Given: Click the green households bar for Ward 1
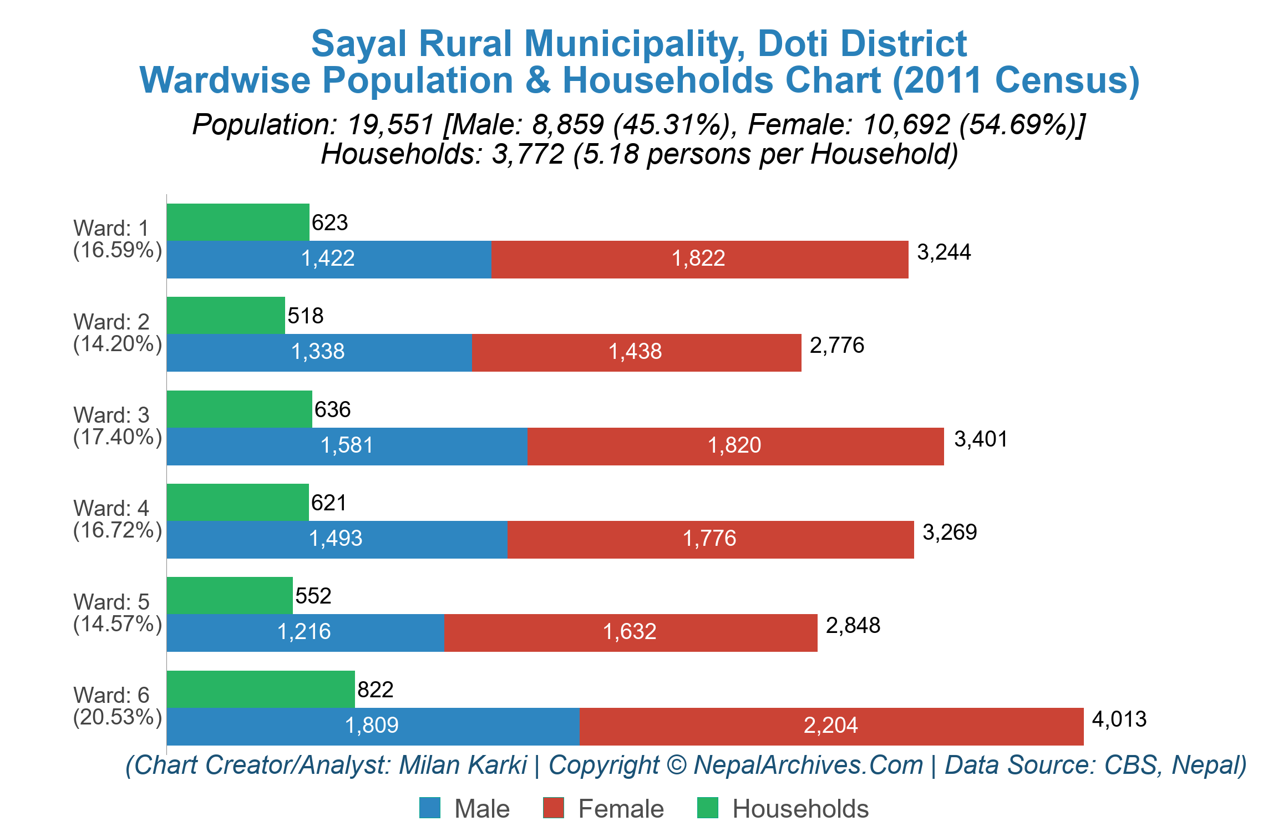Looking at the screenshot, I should (x=237, y=222).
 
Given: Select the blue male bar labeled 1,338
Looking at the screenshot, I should (x=319, y=352).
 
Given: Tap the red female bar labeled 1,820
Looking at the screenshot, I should (x=735, y=446).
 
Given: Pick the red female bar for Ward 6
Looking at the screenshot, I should (x=831, y=726).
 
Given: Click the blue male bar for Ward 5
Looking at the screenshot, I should (x=305, y=632).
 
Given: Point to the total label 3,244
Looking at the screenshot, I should (x=944, y=252).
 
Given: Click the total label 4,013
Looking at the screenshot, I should (x=1119, y=719).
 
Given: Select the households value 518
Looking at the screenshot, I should (x=305, y=316).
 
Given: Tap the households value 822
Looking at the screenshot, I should (x=375, y=690).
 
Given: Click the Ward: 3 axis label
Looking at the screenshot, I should (x=111, y=415).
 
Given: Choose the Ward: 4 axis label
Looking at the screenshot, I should (x=111, y=508).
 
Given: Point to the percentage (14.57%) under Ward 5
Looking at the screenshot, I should (x=117, y=624).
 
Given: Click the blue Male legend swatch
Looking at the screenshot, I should (x=429, y=808).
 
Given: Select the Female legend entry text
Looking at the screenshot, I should (x=621, y=809).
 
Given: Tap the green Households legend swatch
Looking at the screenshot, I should (x=707, y=808).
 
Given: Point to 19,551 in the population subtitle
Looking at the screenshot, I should (x=390, y=124).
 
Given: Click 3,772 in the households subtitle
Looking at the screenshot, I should (x=528, y=154).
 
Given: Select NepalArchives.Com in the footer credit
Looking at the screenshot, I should (x=808, y=766).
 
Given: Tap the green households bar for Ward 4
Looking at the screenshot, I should (x=237, y=502).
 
